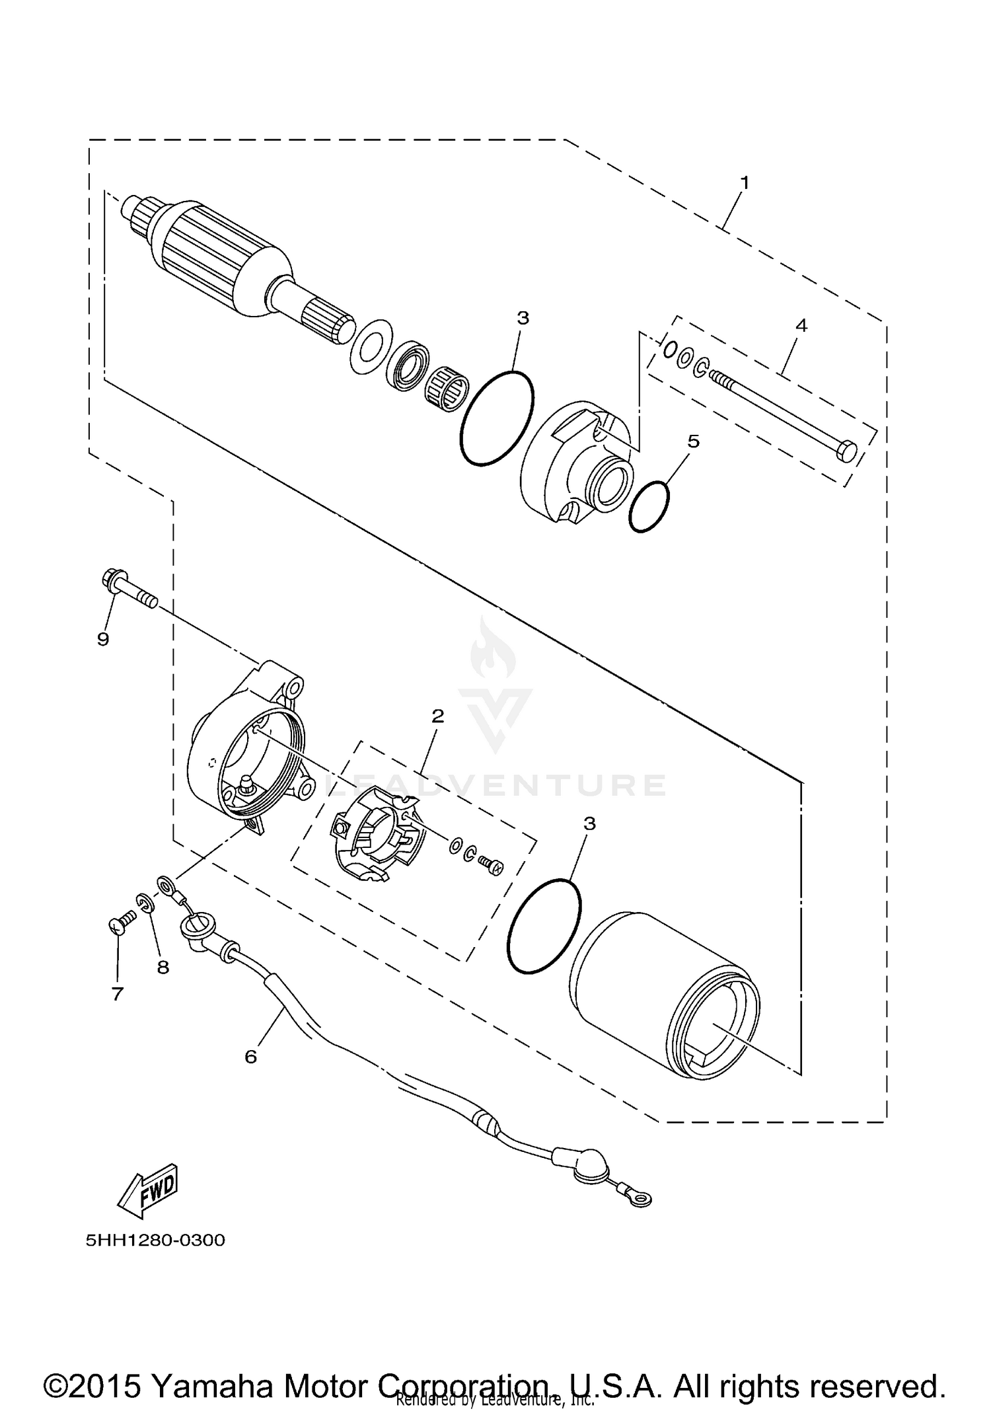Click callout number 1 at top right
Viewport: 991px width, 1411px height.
point(745,182)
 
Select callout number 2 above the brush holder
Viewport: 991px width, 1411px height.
point(437,716)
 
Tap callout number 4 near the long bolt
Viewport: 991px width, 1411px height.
point(801,325)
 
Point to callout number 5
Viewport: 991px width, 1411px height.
point(693,441)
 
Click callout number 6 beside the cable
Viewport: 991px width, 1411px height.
point(250,1056)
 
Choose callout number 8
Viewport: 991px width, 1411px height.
point(163,967)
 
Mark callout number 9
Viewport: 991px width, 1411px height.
point(103,639)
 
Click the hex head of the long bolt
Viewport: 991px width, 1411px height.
point(846,452)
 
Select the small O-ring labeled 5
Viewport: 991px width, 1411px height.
point(648,506)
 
